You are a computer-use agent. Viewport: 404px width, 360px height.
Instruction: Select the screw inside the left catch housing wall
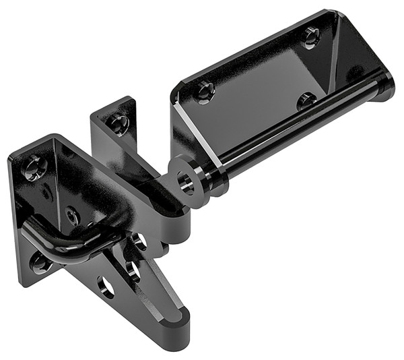pos(72,215)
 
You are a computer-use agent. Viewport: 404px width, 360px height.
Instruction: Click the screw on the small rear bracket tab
pos(119,123)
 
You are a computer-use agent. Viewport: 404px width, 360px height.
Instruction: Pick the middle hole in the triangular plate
pos(133,272)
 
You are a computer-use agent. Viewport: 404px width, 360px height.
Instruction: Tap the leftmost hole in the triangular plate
pos(106,287)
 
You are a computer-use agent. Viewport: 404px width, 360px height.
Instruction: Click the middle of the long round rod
pos(296,131)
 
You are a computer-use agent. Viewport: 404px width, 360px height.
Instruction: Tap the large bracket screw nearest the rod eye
pos(205,90)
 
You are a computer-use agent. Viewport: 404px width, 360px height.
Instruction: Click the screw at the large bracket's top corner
pos(311,36)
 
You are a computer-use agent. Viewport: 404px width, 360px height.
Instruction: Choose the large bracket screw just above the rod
pos(306,101)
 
